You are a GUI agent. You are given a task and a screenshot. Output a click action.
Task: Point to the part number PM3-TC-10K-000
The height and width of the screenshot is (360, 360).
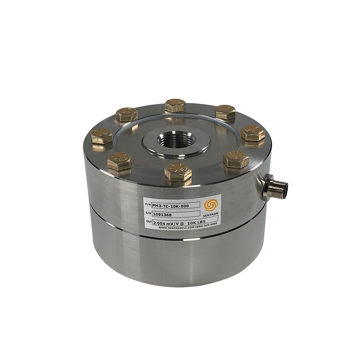click(170, 206)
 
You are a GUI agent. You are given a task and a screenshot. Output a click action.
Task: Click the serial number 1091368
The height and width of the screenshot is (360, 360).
click(162, 215)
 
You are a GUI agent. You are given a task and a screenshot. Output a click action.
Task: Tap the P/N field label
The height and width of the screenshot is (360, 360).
click(148, 204)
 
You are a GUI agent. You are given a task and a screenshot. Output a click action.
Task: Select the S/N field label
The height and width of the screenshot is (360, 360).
click(148, 213)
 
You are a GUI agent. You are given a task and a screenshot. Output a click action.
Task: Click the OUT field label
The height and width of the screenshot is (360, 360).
click(149, 222)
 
